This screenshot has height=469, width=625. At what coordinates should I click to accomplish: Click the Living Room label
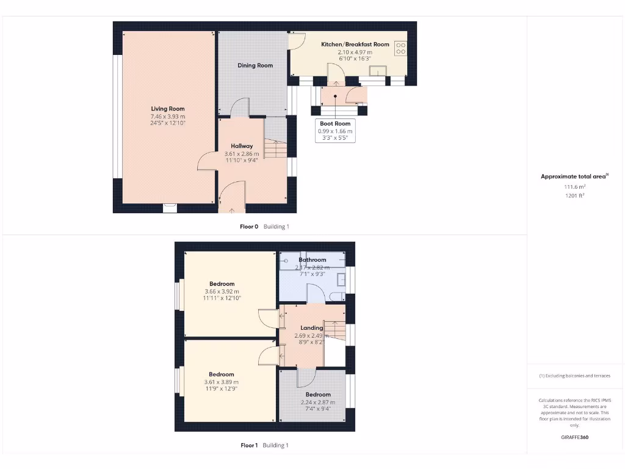pyautogui.click(x=168, y=109)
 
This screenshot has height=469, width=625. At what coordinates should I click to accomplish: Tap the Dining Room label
pyautogui.click(x=255, y=65)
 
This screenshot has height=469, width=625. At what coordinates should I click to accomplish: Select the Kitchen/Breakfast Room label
pyautogui.click(x=355, y=45)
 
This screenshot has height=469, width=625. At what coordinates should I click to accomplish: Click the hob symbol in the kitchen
pyautogui.click(x=401, y=48)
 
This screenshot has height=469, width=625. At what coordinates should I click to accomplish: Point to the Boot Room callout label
pyautogui.click(x=335, y=123)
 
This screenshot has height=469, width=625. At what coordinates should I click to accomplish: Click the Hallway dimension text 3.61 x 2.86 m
pyautogui.click(x=242, y=154)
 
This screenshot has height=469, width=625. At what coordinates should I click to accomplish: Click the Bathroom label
pyautogui.click(x=312, y=260)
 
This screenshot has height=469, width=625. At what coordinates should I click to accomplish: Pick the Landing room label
pyautogui.click(x=311, y=328)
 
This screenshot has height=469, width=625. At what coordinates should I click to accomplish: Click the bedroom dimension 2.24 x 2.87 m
pyautogui.click(x=318, y=402)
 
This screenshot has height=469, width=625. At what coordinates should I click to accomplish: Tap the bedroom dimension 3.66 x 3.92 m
pyautogui.click(x=222, y=291)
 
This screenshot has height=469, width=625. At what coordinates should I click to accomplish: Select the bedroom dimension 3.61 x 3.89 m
pyautogui.click(x=221, y=382)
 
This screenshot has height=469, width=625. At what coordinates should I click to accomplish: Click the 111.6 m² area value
pyautogui.click(x=574, y=187)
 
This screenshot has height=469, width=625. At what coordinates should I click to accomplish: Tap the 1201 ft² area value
pyautogui.click(x=574, y=195)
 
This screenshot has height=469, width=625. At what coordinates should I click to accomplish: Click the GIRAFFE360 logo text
pyautogui.click(x=574, y=437)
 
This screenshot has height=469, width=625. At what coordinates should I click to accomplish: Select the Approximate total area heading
pyautogui.click(x=574, y=176)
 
